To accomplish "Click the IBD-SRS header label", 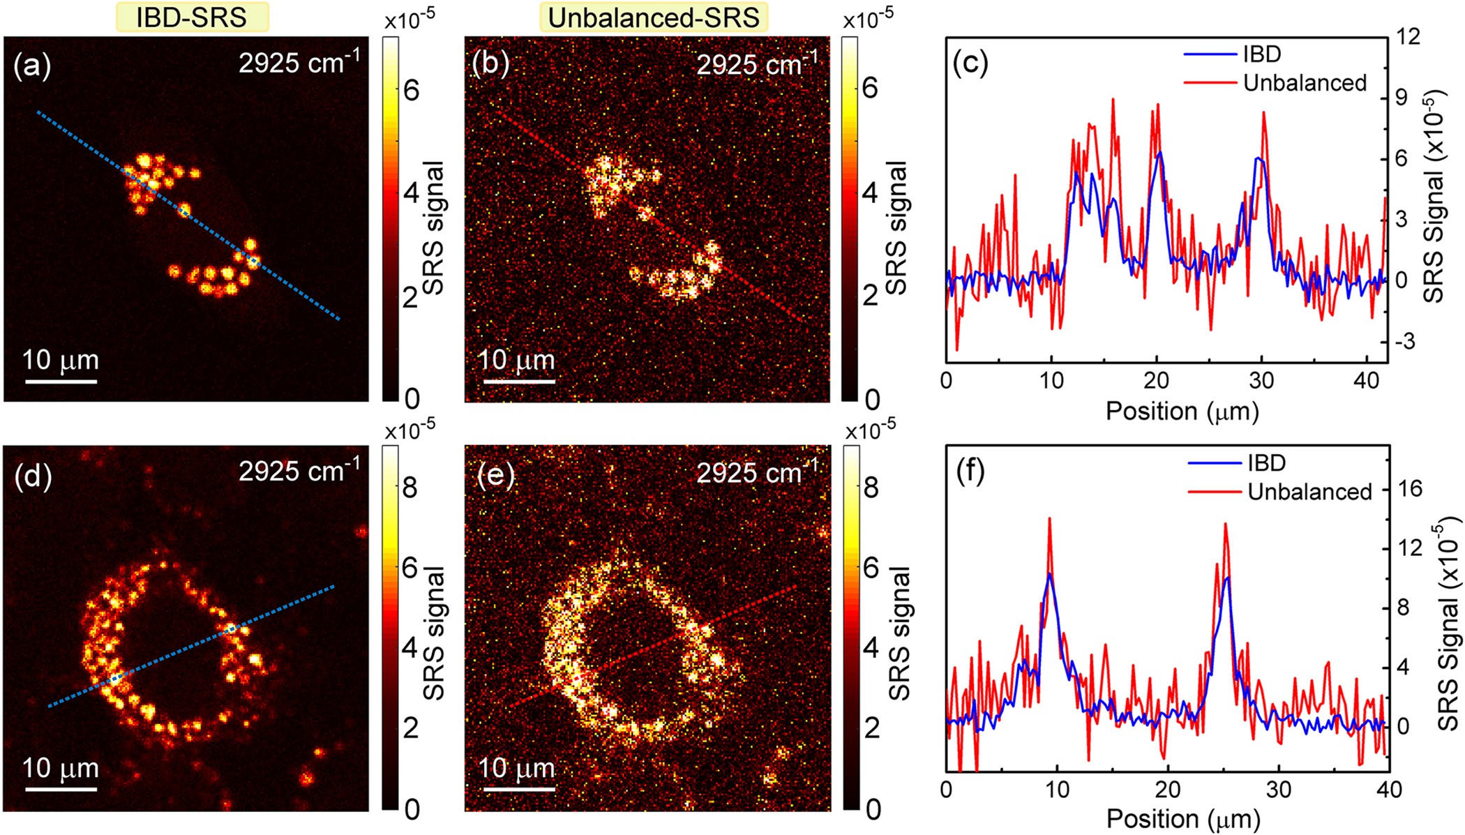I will (191, 17).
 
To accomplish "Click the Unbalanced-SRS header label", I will (653, 17).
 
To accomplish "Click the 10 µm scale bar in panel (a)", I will (61, 381).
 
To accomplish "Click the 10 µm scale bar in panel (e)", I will (519, 789).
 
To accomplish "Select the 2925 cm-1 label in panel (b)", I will (756, 64).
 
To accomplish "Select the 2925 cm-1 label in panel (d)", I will (299, 472).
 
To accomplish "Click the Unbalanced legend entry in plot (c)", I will (1304, 83).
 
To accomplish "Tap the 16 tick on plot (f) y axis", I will (1410, 488).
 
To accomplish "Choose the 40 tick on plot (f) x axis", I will (1388, 790).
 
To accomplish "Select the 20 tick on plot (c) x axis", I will (1156, 381).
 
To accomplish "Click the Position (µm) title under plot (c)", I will (1182, 411).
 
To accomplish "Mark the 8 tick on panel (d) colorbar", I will (410, 488).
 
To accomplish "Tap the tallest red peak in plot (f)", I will (1049, 519).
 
